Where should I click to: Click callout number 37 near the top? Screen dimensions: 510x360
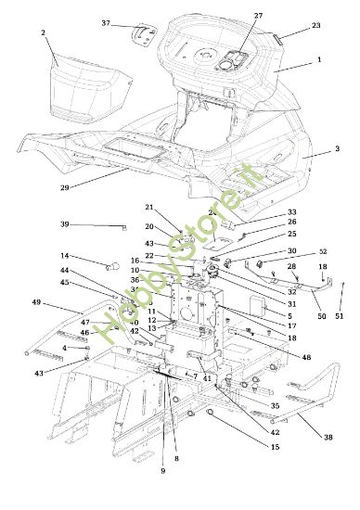105,23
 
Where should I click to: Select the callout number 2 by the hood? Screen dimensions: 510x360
43,32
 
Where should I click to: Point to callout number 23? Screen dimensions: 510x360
316,26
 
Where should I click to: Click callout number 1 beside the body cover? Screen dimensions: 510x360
318,58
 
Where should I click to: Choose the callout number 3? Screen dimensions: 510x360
336,149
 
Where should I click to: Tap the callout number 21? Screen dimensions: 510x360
148,207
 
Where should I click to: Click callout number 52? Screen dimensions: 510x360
323,252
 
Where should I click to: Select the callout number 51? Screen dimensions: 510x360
338,317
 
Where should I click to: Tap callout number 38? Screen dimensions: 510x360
328,437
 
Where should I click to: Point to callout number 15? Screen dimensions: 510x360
275,448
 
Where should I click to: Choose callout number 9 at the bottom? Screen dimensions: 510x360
162,471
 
